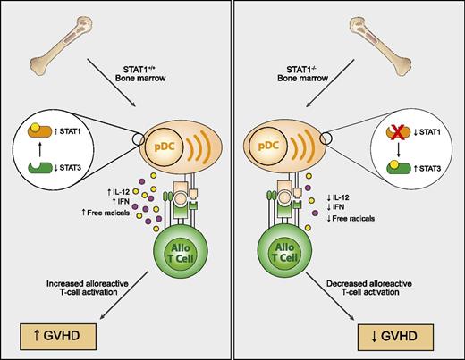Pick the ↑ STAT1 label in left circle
(83, 131)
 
